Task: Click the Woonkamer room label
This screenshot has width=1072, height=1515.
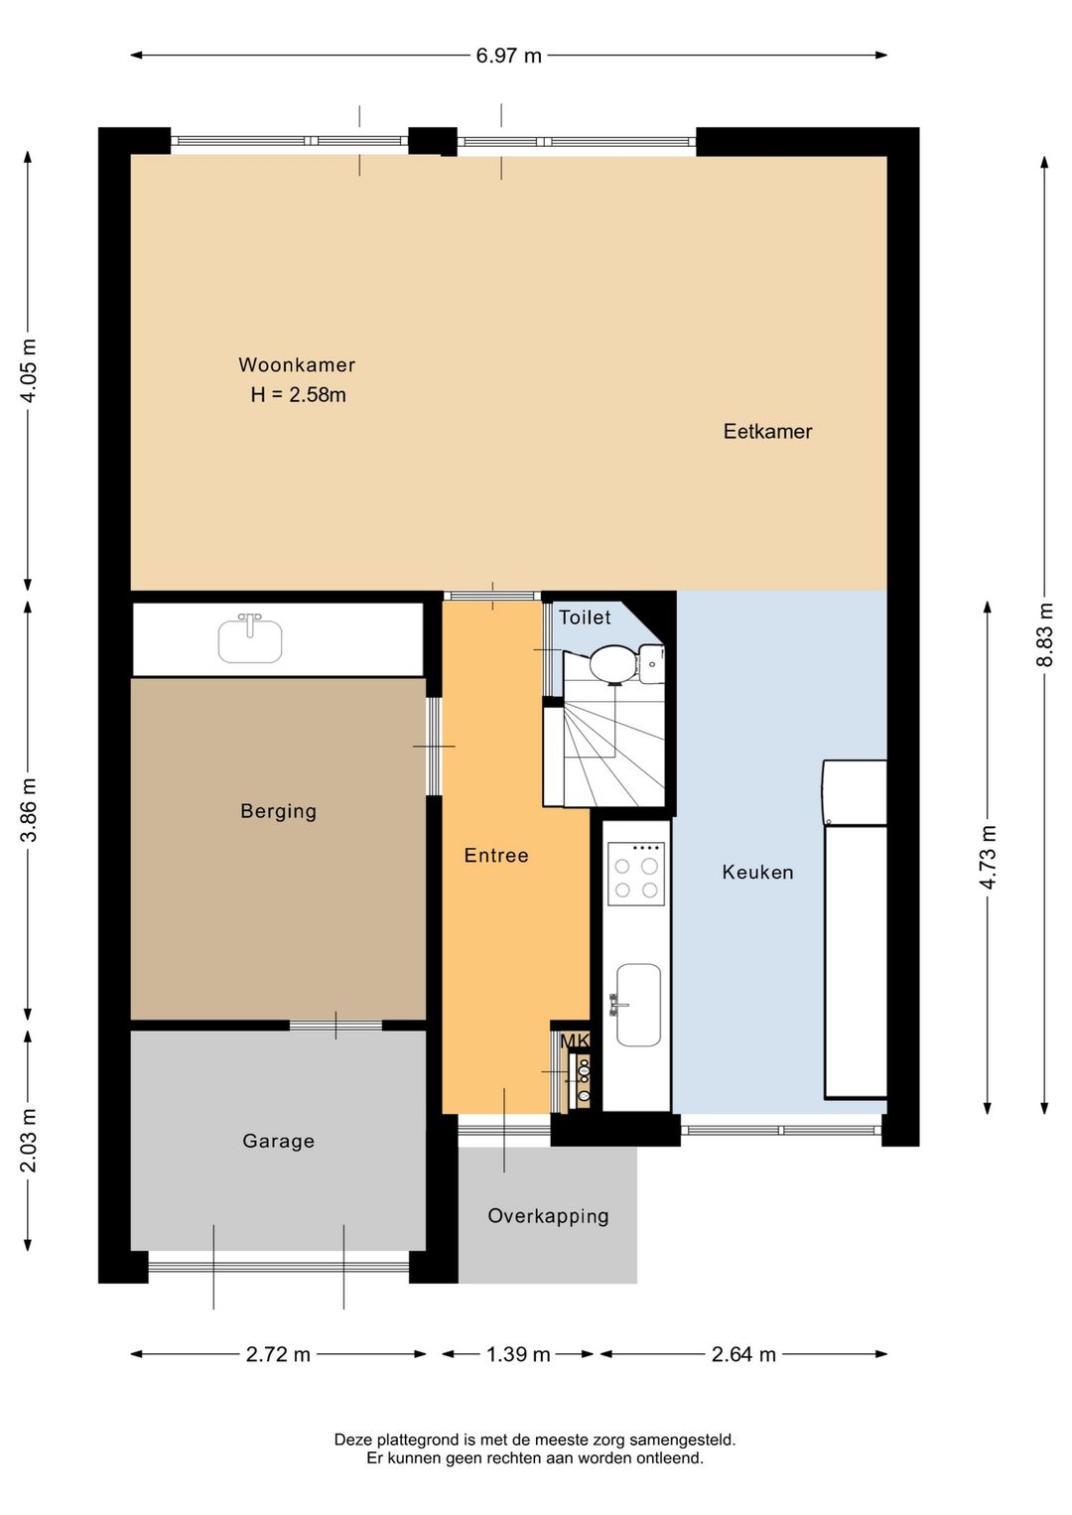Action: pyautogui.click(x=296, y=365)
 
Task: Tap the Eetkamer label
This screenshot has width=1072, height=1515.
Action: pyautogui.click(x=767, y=432)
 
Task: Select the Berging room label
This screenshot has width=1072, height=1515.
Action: pyautogui.click(x=278, y=811)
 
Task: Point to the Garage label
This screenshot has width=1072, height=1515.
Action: pyautogui.click(x=278, y=1142)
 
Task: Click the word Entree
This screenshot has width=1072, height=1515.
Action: pyautogui.click(x=496, y=856)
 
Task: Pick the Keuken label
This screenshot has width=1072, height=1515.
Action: pyautogui.click(x=757, y=873)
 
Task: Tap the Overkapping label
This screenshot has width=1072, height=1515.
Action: pyautogui.click(x=548, y=1216)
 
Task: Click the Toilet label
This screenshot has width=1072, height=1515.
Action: pyautogui.click(x=585, y=618)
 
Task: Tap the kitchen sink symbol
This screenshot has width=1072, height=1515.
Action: pyautogui.click(x=637, y=1005)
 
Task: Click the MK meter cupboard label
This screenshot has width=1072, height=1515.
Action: pyautogui.click(x=575, y=1040)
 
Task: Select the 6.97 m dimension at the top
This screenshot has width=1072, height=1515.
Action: pyautogui.click(x=508, y=56)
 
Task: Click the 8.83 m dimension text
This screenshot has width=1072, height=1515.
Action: pyautogui.click(x=1044, y=635)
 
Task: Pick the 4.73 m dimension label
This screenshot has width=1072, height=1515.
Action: pyautogui.click(x=988, y=857)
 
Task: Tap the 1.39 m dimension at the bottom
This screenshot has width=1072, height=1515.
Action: pyautogui.click(x=517, y=1355)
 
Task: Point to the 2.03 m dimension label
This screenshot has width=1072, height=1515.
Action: pyautogui.click(x=28, y=1141)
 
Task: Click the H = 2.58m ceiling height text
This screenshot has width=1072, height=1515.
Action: pyautogui.click(x=298, y=395)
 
